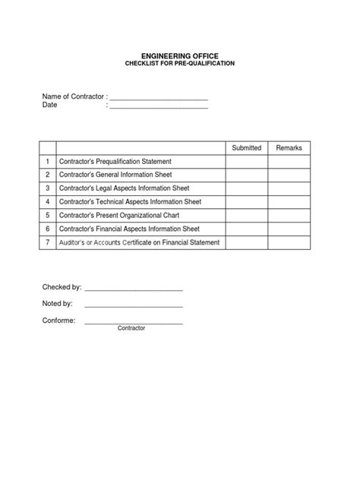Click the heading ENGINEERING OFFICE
coord(180,56)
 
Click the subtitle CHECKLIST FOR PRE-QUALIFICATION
coord(180,64)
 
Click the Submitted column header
coord(247,148)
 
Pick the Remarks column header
coord(289,148)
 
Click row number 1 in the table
coord(47,162)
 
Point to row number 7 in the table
coord(47,242)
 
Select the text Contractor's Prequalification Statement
coord(119,162)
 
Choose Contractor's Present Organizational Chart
coord(118,215)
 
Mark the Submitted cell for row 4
coord(247,202)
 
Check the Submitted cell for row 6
coord(247,229)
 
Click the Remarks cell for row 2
coord(289,175)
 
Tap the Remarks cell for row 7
coord(289,242)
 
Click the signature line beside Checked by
coord(134,290)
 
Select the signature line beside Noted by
coord(134,305)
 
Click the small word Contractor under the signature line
coord(131,328)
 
